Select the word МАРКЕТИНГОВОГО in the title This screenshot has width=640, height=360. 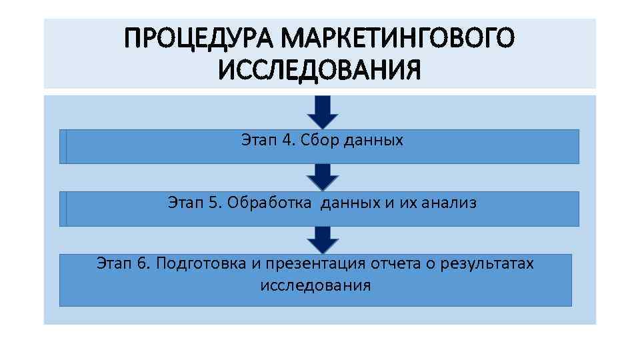[397, 39]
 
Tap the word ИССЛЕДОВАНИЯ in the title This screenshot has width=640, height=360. [319, 69]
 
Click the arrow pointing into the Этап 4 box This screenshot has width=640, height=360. [323, 111]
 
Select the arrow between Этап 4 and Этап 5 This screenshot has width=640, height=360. [323, 177]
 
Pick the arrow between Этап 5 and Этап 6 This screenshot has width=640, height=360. [323, 239]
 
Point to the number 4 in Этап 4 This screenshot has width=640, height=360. [287, 141]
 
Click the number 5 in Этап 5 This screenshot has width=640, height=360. [213, 203]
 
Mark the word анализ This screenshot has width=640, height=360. [449, 203]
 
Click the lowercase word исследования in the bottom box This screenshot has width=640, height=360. [315, 286]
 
